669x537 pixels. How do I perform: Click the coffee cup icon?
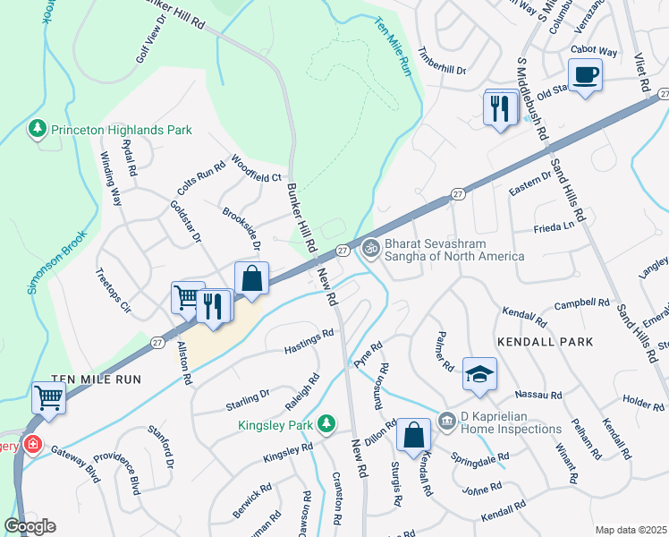[585, 74]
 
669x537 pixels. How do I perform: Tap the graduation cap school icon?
[479, 374]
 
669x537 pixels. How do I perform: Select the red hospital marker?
[33, 444]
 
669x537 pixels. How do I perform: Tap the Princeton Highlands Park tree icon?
[37, 130]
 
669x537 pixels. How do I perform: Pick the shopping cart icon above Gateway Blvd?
[48, 397]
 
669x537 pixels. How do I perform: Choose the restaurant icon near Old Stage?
[500, 107]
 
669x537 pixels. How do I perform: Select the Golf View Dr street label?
[151, 61]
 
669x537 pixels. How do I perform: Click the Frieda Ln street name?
[553, 228]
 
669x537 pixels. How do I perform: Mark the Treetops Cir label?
[113, 291]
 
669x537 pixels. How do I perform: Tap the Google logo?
[30, 526]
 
